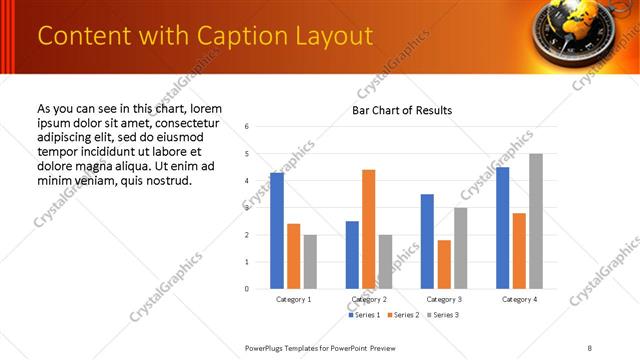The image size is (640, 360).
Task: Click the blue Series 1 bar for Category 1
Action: tap(277, 231)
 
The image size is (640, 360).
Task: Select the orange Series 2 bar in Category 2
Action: tap(368, 229)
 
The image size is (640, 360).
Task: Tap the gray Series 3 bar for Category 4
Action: tap(535, 221)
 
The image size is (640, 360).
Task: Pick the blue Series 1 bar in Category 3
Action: tap(427, 241)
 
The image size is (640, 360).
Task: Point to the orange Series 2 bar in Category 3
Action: tap(444, 264)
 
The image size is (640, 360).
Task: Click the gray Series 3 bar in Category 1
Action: tap(310, 262)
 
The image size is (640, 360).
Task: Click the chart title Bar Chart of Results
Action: tap(401, 110)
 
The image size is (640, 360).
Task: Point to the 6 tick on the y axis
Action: tap(246, 127)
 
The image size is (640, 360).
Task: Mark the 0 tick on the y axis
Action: tap(246, 289)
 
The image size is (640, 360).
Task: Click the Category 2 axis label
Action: tap(369, 299)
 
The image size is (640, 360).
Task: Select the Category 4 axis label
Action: tap(519, 299)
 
